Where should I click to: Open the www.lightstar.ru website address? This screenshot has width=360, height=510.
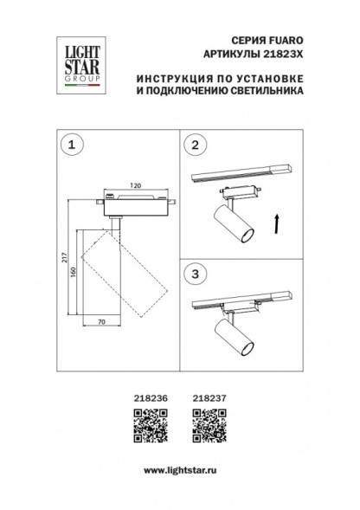tap(179, 468)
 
